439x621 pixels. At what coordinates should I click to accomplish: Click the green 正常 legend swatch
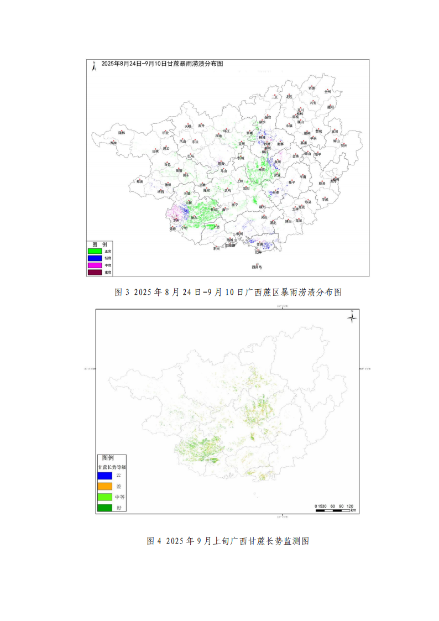95,251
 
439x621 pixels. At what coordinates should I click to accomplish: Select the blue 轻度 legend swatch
95,258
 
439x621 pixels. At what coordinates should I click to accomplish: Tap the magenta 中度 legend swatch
95,265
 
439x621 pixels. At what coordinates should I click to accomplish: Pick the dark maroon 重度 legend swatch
95,272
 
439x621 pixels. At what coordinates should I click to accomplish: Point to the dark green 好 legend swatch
105,508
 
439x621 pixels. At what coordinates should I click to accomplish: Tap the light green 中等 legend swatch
105,497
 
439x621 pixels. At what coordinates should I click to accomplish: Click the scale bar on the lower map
335,510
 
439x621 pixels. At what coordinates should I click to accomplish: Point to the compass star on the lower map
352,317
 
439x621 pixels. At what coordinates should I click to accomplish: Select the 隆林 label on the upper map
122,133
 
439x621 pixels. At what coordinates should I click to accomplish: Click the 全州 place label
327,91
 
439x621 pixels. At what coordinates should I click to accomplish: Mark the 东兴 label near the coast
216,249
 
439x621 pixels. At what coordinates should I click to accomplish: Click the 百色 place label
168,165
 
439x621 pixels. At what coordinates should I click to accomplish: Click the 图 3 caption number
122,292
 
